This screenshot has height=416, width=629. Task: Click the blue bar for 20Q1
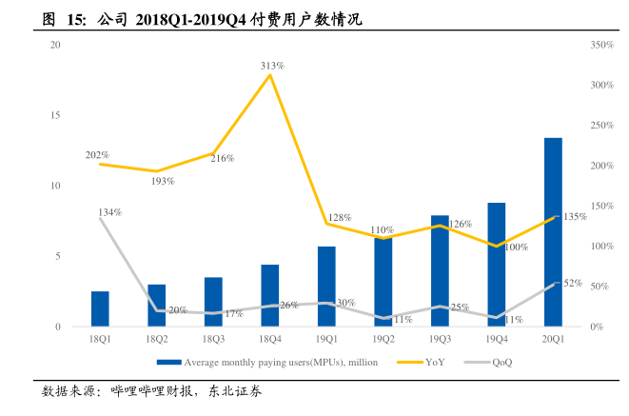point(553,232)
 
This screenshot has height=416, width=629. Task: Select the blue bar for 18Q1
point(100,308)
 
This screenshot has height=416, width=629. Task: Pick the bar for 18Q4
point(270,295)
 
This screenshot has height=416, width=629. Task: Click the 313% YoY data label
point(273,66)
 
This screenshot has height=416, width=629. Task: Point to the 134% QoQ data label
point(109,211)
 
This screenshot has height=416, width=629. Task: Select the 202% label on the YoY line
point(97,154)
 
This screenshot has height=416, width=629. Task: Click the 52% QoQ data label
point(572,283)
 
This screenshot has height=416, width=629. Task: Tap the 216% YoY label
point(223,158)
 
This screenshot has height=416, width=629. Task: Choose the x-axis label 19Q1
point(327,339)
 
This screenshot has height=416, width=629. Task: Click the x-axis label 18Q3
point(213,339)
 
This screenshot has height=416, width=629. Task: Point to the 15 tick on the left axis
point(55,115)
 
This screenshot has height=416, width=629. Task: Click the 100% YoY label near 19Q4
point(516,248)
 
